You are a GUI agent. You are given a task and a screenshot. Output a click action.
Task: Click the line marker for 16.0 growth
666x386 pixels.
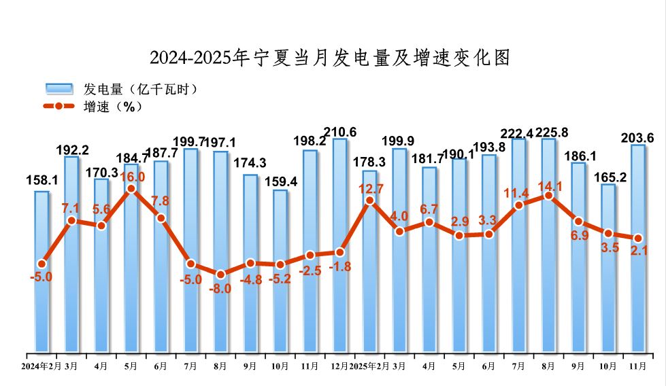tap(131, 189)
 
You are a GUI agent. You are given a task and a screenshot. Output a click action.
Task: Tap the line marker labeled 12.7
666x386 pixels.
tap(369, 200)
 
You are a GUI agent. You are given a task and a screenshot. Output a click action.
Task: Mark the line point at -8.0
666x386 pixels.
tap(220, 275)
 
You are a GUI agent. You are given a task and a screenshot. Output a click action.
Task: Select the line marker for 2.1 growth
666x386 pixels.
tap(638, 239)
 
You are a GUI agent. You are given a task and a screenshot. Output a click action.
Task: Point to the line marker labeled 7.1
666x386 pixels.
tap(71, 220)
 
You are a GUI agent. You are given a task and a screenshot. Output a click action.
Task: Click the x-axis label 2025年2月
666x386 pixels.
tap(369, 367)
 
